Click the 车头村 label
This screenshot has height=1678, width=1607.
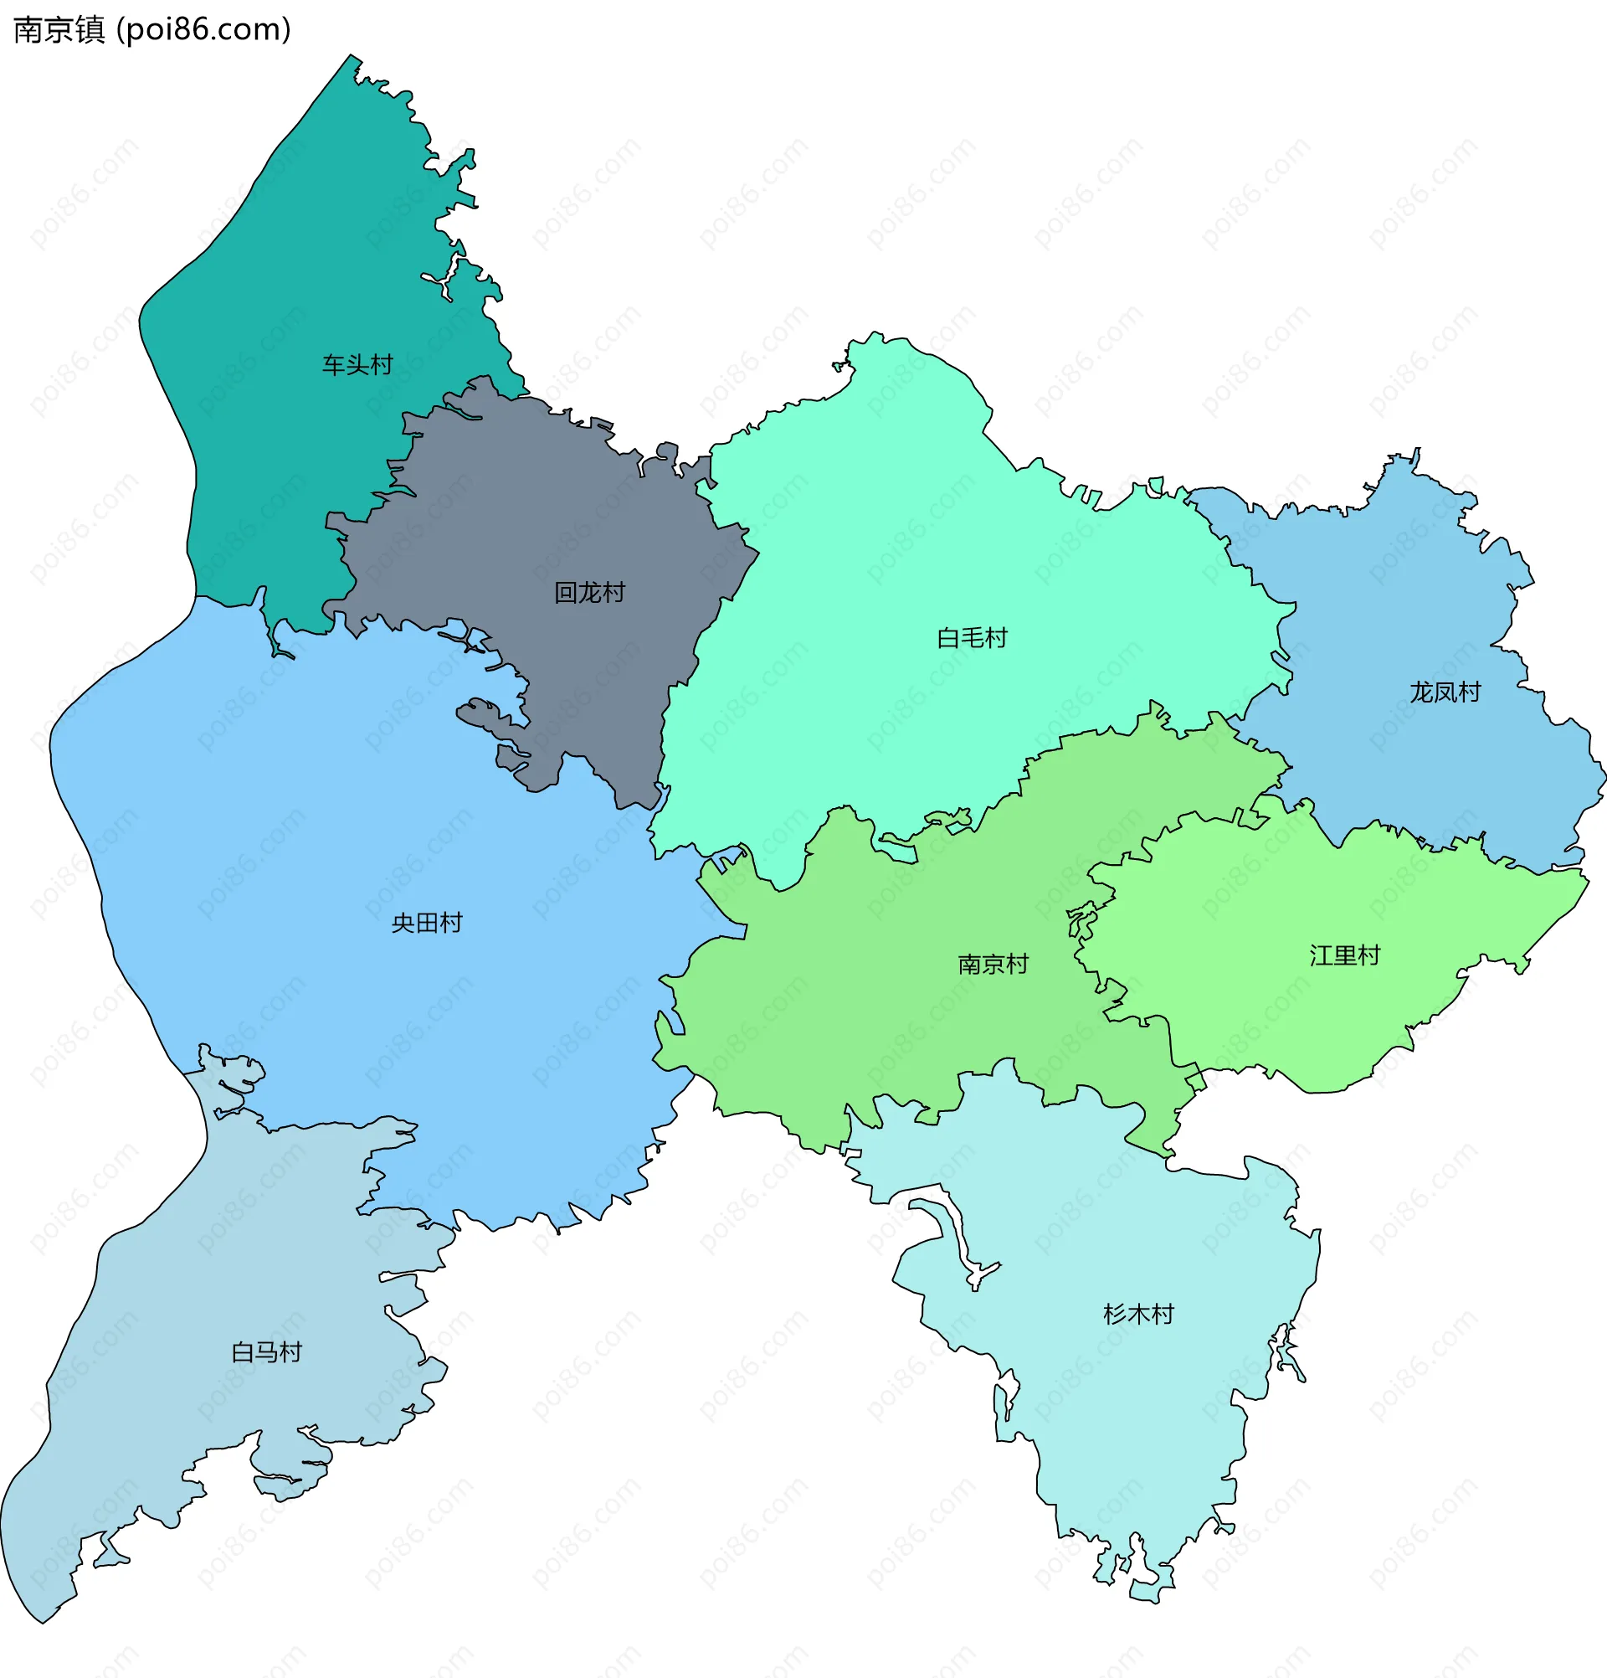(x=357, y=365)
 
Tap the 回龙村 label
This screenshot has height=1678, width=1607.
(x=588, y=593)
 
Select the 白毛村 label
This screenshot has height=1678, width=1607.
(x=972, y=638)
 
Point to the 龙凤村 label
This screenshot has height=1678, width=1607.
(x=1445, y=692)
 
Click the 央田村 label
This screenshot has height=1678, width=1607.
(x=426, y=923)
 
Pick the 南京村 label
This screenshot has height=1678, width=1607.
(x=993, y=964)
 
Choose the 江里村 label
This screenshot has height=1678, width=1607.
(x=1344, y=955)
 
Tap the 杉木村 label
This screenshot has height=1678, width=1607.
(x=1138, y=1314)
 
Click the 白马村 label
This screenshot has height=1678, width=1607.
(x=266, y=1351)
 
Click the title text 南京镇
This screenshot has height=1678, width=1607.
(x=59, y=30)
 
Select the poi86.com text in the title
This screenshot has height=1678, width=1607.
(x=203, y=30)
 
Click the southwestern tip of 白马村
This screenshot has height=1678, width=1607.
(x=41, y=1620)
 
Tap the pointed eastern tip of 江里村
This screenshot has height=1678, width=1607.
(x=1586, y=877)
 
